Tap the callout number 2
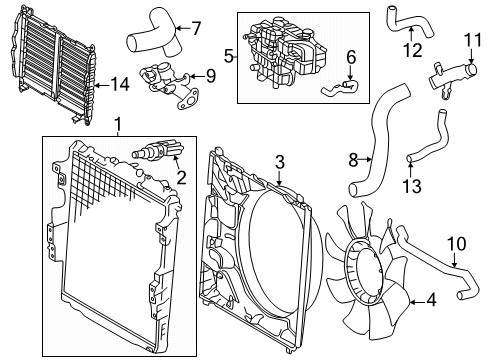(181, 178)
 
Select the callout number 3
(279, 161)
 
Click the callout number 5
(228, 57)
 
